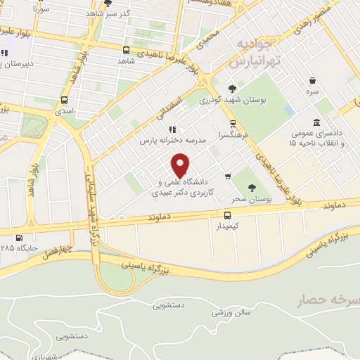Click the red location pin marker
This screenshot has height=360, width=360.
point(181,165)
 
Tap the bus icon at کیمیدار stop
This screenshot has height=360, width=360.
point(227,215)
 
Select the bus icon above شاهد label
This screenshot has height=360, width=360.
point(126,50)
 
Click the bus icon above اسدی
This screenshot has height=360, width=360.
point(64,100)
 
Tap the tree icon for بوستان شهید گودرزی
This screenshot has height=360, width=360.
point(232,89)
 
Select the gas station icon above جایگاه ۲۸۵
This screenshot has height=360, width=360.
point(18,238)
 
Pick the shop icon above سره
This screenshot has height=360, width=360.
point(311,81)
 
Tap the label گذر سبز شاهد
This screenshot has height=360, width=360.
point(127,14)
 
